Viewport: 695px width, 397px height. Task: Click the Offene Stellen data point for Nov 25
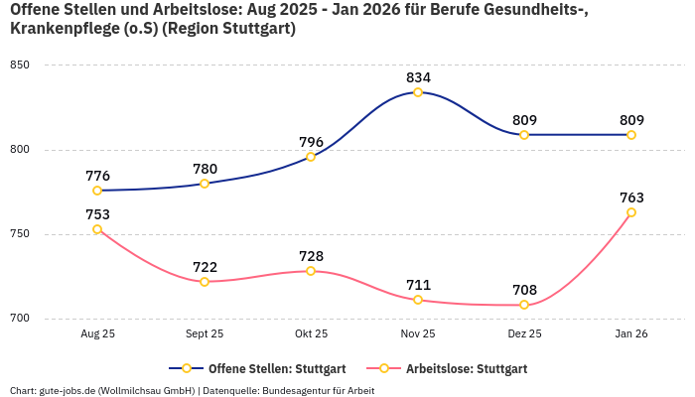pos(418,92)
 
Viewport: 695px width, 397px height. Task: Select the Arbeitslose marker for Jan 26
pos(631,212)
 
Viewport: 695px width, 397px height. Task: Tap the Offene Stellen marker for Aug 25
pos(97,191)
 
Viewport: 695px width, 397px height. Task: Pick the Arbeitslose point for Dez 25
pos(524,305)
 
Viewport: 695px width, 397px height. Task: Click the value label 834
pos(418,77)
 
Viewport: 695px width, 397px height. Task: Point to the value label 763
pos(631,198)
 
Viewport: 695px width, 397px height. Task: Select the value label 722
pos(205,267)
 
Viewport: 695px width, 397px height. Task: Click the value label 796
pos(311,142)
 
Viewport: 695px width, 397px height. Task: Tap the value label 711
pos(418,285)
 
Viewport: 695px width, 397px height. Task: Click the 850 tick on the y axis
pos(20,66)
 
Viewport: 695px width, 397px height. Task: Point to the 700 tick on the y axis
pos(20,319)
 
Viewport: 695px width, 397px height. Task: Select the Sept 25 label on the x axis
pos(205,334)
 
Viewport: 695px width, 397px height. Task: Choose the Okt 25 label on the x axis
pos(311,334)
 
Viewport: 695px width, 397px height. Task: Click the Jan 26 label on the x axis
pos(631,334)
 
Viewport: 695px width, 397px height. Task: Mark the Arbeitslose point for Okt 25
pos(311,271)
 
